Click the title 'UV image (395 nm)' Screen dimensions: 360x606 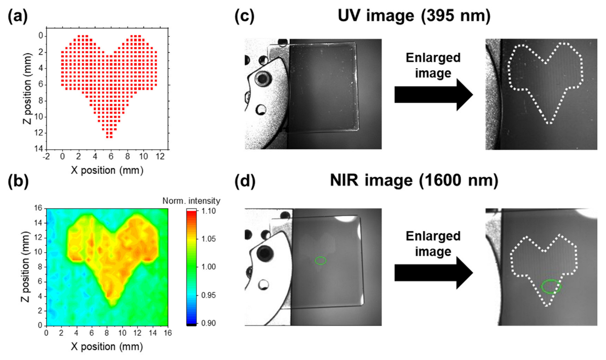414,16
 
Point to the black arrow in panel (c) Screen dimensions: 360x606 433,94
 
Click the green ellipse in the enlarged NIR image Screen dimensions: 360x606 551,287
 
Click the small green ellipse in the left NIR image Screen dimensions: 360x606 320,261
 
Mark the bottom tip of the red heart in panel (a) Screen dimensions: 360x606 109,136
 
